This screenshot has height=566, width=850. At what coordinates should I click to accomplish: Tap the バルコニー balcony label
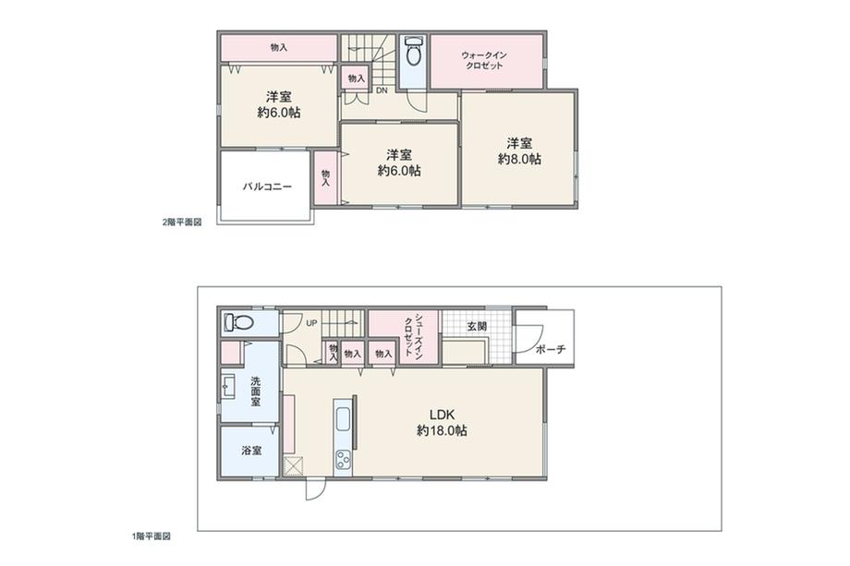(x=267, y=187)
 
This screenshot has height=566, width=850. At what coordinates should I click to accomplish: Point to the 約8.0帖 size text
(x=519, y=159)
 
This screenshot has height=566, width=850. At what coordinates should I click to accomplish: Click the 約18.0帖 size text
(x=441, y=431)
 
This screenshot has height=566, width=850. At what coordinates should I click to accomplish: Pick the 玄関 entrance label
(x=477, y=325)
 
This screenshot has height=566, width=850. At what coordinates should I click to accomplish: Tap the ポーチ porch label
(x=550, y=349)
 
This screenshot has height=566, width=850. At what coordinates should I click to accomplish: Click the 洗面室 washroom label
(x=255, y=391)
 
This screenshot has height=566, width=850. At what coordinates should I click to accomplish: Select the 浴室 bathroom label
(x=251, y=451)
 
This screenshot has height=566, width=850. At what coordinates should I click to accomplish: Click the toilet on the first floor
(x=238, y=323)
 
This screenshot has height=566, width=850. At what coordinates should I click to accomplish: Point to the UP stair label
(x=311, y=323)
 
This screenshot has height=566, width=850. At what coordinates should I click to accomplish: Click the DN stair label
(x=381, y=90)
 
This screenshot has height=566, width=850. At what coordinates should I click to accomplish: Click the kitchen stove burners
(x=344, y=459)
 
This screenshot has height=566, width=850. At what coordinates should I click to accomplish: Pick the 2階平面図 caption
(x=182, y=223)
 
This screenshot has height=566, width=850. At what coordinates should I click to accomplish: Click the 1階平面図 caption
(x=151, y=536)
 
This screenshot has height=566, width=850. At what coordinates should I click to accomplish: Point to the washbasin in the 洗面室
(x=228, y=385)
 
